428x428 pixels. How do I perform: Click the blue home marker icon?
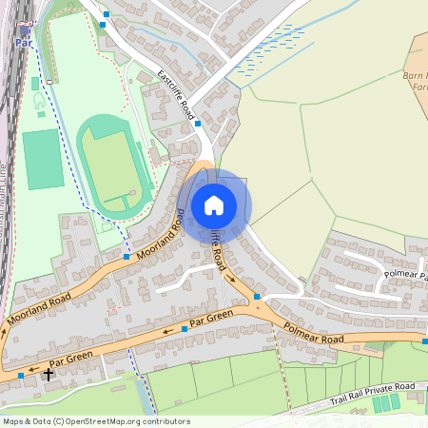pos(214,204)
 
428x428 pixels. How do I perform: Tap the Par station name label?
pos(22,43)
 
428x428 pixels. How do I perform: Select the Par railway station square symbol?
pos(23,29)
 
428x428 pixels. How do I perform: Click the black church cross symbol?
pos(48,375)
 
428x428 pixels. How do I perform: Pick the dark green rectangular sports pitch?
pos(42,159)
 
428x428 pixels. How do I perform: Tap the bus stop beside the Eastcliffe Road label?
pos(198,123)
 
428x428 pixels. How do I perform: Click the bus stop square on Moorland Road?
pos(126,256)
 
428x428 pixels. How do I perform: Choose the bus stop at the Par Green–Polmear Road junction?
pos(257,298)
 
